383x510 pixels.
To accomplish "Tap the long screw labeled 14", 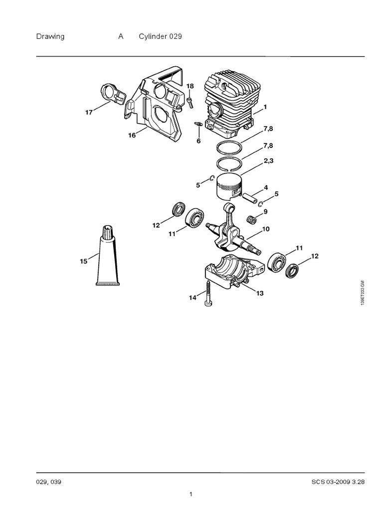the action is coord(207,293).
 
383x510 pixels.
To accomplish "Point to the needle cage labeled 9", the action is coord(252,220).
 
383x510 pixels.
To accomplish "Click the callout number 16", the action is coord(132,135).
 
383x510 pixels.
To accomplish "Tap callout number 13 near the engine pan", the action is coord(259,293).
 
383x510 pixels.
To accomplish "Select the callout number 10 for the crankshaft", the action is coord(266,229).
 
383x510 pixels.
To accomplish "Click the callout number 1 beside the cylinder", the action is coord(265,107).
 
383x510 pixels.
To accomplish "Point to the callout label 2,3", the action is coord(268,160).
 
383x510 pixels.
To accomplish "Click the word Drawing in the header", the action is coord(50,36).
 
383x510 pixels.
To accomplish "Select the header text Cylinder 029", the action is coord(160,36).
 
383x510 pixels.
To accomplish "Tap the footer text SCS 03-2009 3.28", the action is coord(338,482).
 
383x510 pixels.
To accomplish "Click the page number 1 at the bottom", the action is coord(191,495).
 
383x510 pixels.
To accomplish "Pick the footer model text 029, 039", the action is coord(48,482).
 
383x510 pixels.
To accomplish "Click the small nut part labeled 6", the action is coord(196,124).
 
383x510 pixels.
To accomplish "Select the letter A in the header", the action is coord(121,36).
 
